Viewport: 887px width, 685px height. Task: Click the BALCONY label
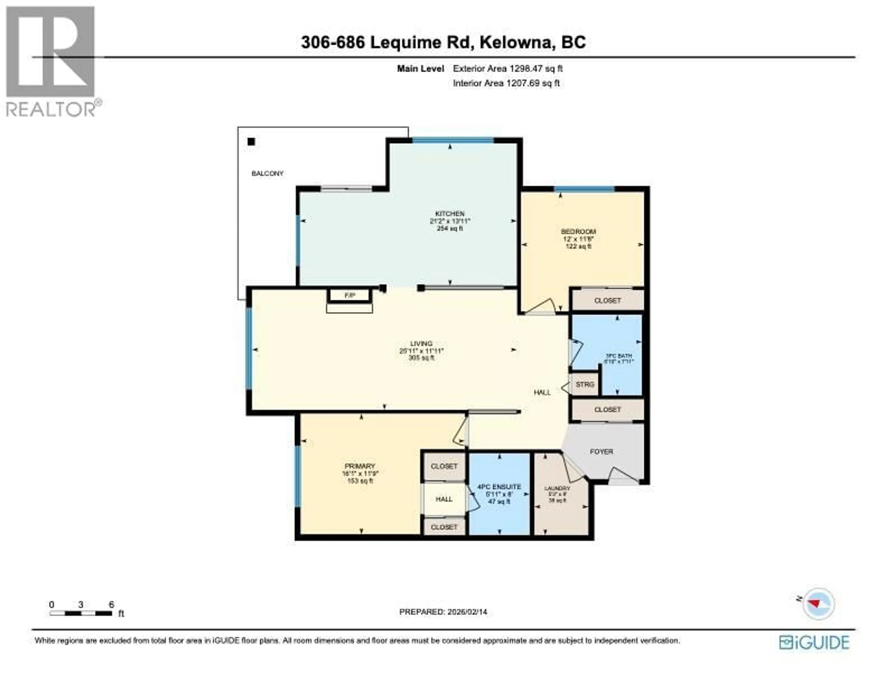267,173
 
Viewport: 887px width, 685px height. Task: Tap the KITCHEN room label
450,214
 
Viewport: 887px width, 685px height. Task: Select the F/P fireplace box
350,296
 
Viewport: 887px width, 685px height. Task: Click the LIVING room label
421,344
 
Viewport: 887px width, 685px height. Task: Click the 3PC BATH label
618,356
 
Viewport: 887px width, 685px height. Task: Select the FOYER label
601,452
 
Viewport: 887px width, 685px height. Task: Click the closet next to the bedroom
607,300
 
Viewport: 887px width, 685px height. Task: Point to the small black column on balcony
251,142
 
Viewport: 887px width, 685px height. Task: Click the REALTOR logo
51,61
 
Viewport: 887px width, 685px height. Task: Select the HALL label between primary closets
444,499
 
